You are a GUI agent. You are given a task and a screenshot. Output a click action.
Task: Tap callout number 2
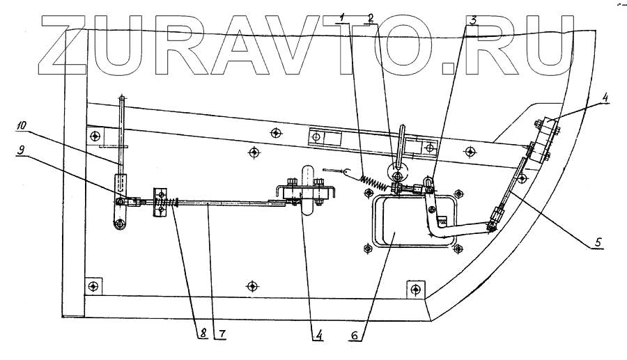coord(371,17)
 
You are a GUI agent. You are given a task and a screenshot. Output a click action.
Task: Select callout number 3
coord(473,20)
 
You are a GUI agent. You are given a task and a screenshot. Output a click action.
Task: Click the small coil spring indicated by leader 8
coord(168,204)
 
